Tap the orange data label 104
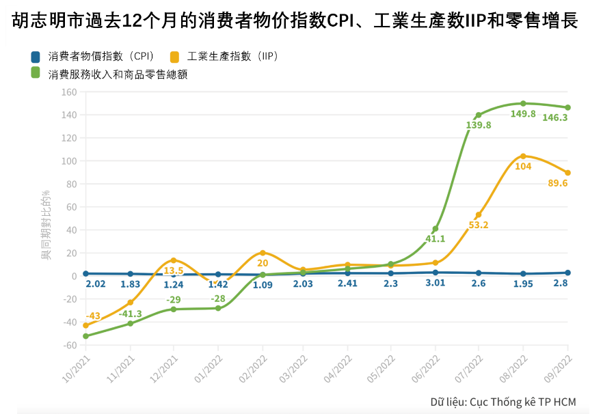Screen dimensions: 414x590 click(x=523, y=167)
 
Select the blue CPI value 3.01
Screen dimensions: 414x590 click(x=435, y=284)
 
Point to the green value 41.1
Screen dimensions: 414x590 click(x=435, y=239)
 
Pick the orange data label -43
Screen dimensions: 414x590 click(x=93, y=316)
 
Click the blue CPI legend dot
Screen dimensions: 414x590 click(x=36, y=56)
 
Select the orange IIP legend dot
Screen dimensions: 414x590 click(x=175, y=56)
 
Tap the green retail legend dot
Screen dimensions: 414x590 click(x=36, y=73)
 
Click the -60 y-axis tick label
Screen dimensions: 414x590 click(x=68, y=345)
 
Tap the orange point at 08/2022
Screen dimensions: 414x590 click(x=523, y=156)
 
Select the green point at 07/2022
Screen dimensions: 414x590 click(x=479, y=115)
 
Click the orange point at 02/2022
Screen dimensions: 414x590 click(x=263, y=253)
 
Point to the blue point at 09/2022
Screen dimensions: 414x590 click(x=567, y=273)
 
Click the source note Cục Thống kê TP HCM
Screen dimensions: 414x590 click(x=502, y=401)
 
